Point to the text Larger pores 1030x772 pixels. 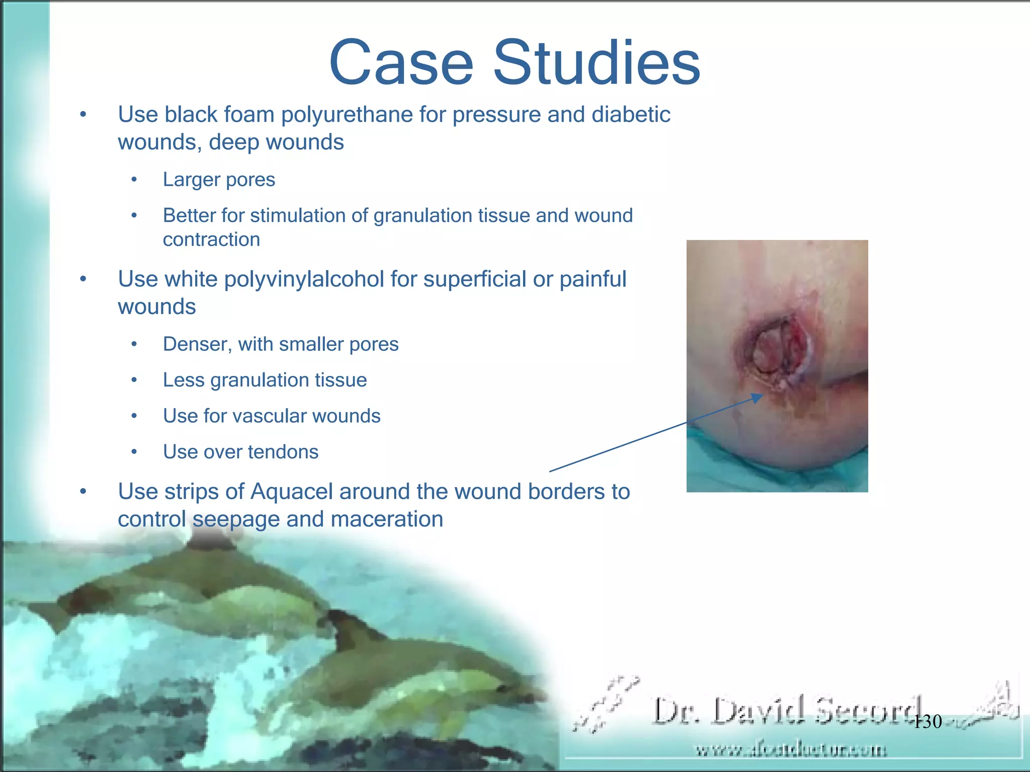point(219,180)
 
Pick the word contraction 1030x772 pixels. point(211,240)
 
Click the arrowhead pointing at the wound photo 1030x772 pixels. point(757,398)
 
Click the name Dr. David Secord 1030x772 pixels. point(787,711)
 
